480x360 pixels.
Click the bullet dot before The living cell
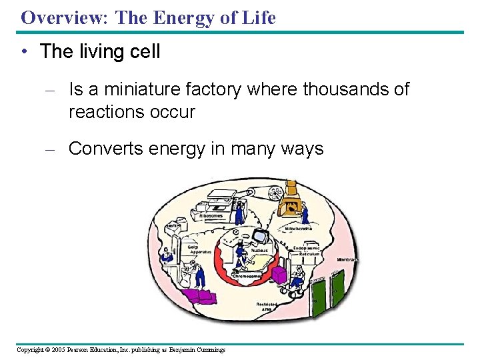click(25, 51)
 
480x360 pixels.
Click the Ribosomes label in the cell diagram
click(211, 215)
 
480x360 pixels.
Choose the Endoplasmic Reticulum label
click(307, 251)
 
